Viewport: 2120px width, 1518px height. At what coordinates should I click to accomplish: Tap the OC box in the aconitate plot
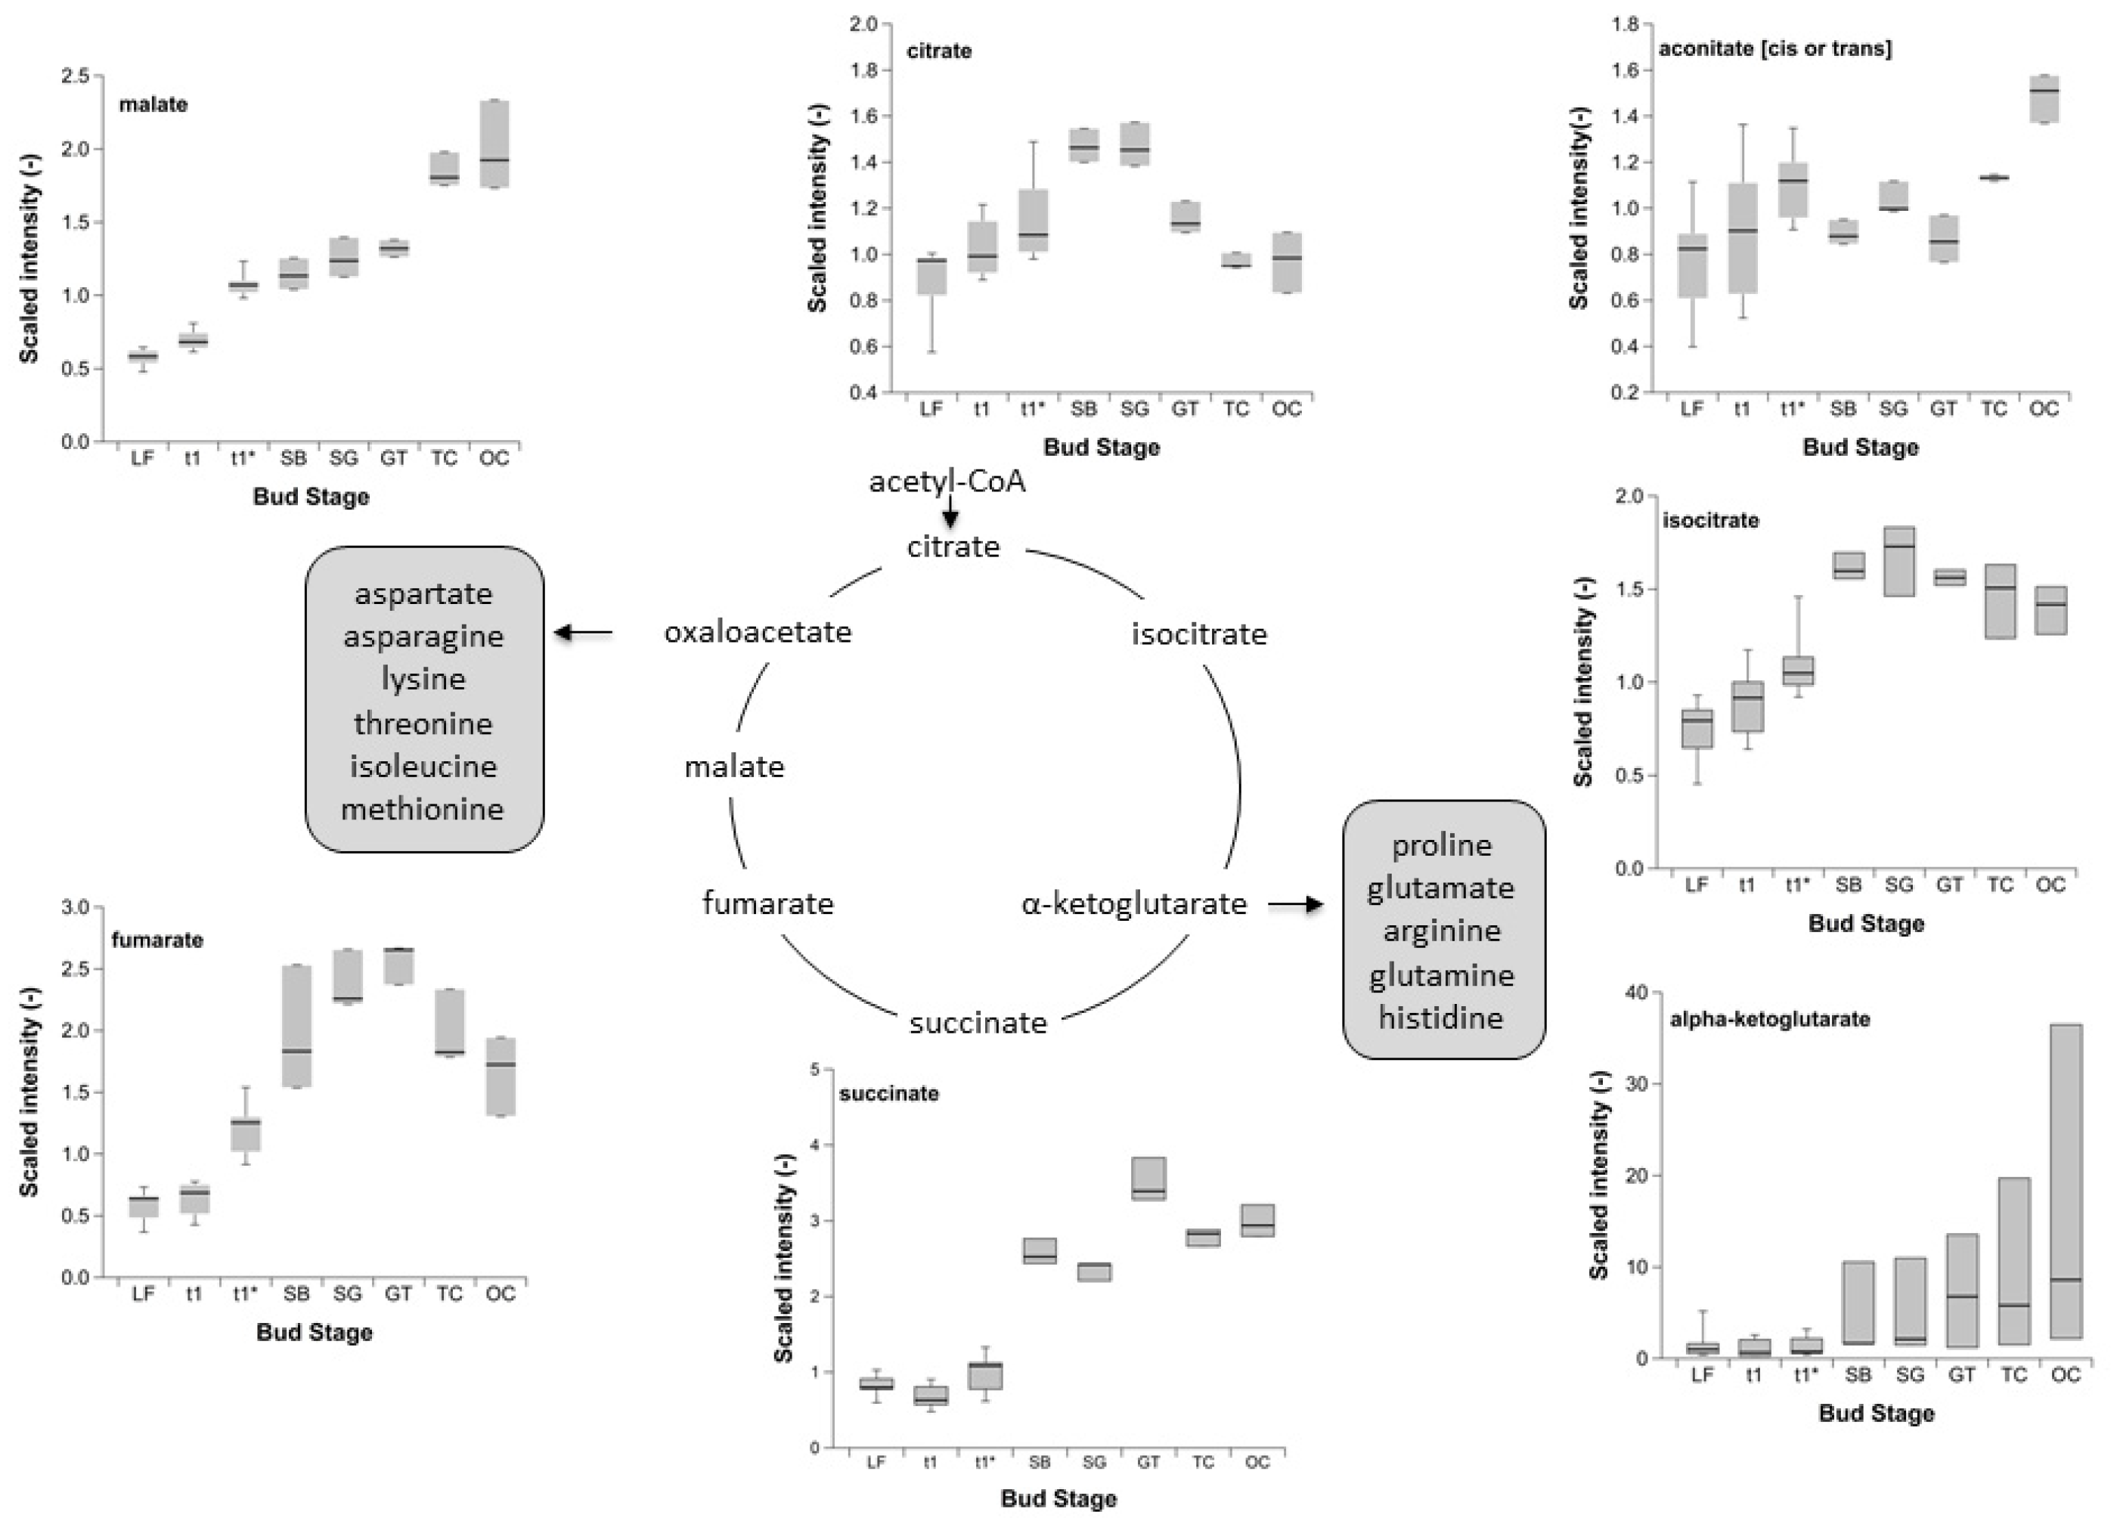coord(2044,99)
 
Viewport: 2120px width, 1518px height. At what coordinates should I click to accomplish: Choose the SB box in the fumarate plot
coord(296,1025)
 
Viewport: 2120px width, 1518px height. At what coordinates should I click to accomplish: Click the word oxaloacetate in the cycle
coord(758,633)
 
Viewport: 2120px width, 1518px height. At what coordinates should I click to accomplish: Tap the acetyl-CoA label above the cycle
coord(947,482)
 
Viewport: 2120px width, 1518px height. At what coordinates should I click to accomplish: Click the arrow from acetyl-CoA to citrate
coord(950,513)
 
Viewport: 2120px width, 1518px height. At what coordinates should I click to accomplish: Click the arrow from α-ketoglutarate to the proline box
coord(1296,904)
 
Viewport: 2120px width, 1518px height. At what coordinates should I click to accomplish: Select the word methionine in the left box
coord(423,809)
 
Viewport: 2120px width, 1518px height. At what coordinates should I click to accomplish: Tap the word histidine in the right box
coord(1440,1017)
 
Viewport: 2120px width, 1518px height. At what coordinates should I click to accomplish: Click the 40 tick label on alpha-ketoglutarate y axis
coord(1637,992)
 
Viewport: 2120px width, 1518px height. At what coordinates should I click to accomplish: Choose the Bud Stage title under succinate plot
coord(1058,1498)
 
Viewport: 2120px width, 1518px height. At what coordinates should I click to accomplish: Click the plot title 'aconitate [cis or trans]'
coord(1774,48)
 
